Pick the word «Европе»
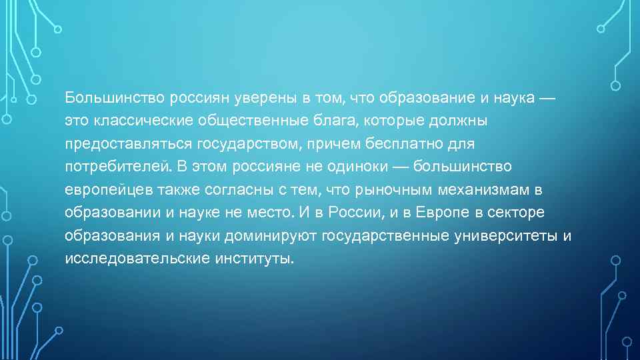pyautogui.click(x=441, y=213)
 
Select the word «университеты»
pyautogui.click(x=507, y=235)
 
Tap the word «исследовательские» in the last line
pyautogui.click(x=137, y=258)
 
